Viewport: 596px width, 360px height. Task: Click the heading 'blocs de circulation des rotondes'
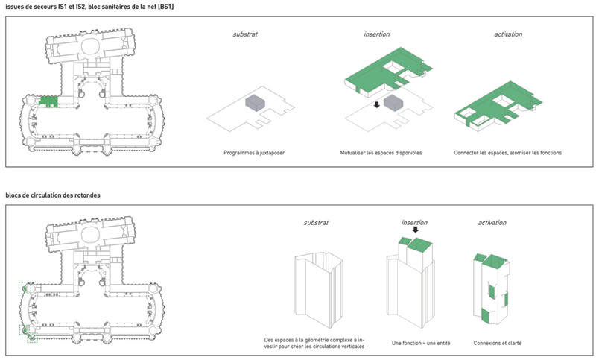tap(53, 195)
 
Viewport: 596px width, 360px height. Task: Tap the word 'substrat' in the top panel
tap(245, 35)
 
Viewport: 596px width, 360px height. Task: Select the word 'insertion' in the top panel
tap(377, 35)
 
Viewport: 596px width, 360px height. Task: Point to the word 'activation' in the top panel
tap(507, 35)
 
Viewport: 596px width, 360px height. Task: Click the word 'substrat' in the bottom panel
tap(316, 223)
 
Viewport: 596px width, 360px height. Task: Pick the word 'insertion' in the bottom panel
tap(414, 223)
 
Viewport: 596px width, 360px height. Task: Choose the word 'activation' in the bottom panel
tap(489, 223)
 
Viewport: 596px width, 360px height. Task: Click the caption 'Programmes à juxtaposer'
tap(253, 153)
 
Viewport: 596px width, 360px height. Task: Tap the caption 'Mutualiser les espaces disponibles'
tap(380, 153)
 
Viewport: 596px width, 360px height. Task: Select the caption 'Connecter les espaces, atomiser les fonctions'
tap(507, 153)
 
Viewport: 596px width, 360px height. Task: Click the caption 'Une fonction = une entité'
tap(421, 344)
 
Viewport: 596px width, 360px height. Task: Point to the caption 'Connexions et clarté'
tap(497, 344)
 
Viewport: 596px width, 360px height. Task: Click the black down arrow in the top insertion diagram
tap(377, 105)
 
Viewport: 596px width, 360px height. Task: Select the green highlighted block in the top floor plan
tap(48, 101)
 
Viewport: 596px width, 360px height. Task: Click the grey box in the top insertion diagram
tap(394, 102)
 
